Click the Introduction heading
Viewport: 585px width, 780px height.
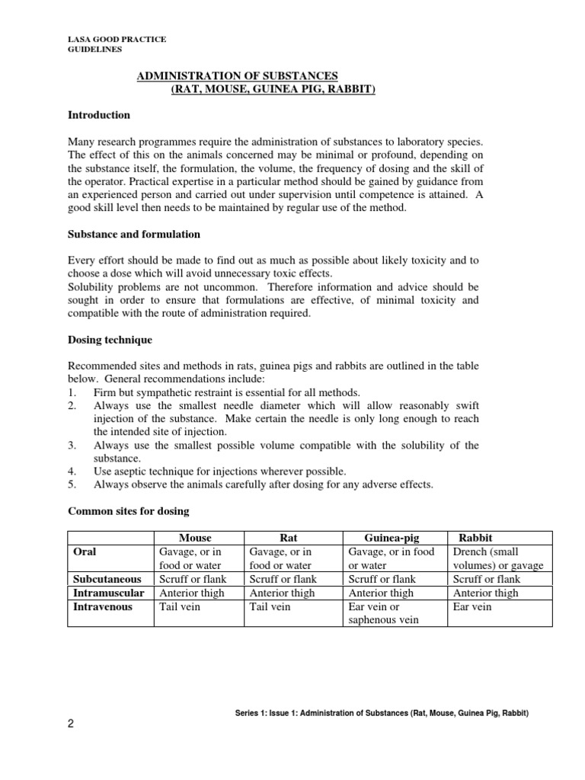pos(99,115)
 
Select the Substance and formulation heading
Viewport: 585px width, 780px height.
pos(134,234)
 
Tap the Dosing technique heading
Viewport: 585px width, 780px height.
pos(110,340)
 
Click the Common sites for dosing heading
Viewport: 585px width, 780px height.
pos(128,510)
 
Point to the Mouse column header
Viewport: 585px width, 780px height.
pos(195,538)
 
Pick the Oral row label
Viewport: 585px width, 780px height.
pos(84,551)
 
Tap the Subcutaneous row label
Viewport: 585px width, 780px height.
pos(107,579)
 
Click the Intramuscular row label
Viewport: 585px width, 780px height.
pos(108,593)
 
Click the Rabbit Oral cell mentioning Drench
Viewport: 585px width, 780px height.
pos(498,558)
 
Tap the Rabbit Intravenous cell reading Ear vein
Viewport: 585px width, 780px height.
pos(472,606)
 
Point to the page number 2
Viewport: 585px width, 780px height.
pos(71,724)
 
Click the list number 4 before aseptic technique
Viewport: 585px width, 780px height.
pos(72,471)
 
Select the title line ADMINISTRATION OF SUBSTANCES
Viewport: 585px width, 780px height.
pos(236,76)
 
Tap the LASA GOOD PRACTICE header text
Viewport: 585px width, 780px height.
pos(117,39)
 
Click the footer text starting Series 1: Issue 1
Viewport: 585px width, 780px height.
pos(382,713)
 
